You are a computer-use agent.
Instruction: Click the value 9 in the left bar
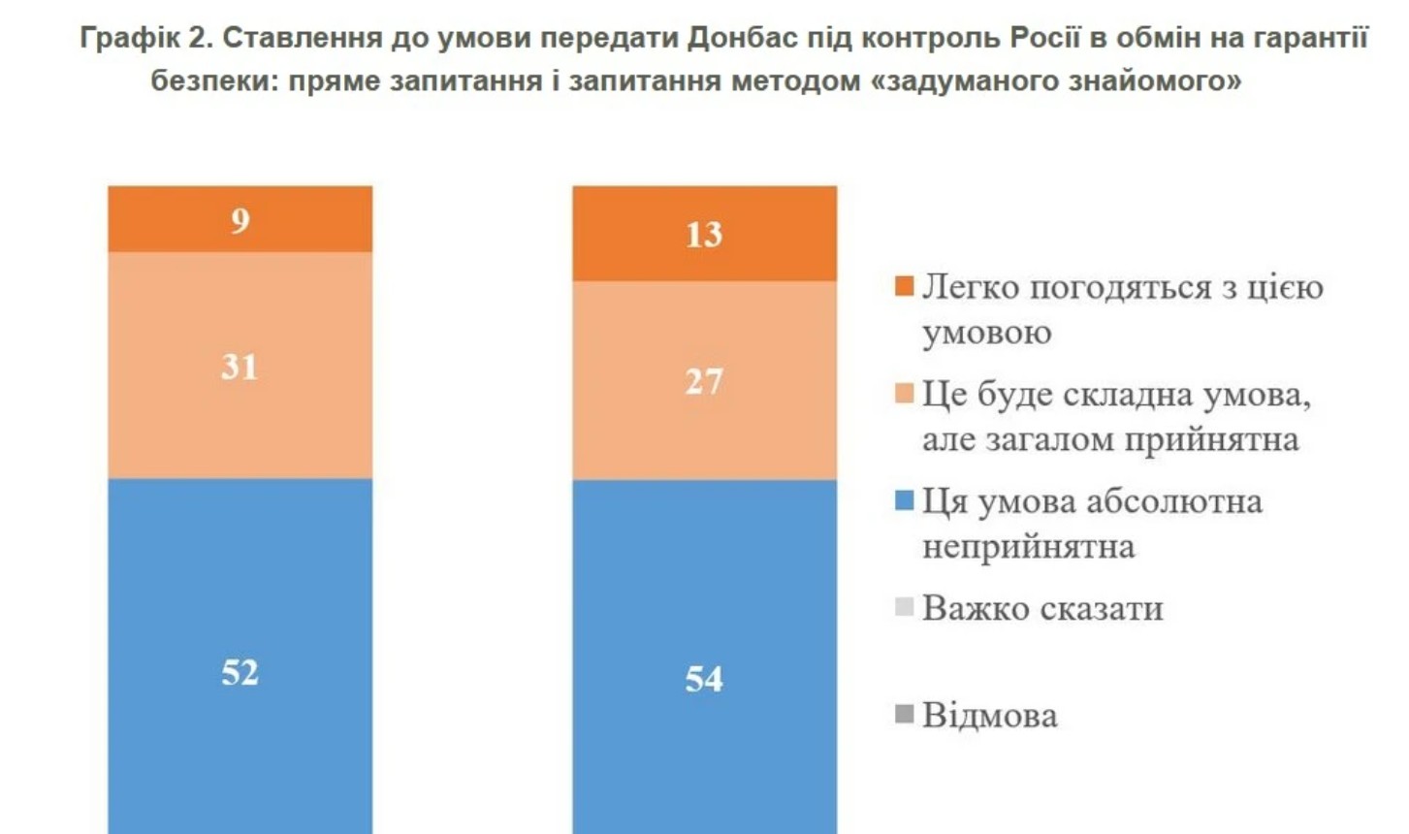click(x=240, y=221)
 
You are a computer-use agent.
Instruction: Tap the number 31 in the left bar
click(x=240, y=367)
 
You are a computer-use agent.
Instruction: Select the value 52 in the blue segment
click(x=240, y=672)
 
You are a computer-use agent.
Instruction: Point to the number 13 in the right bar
click(x=704, y=235)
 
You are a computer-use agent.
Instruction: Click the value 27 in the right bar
click(x=704, y=381)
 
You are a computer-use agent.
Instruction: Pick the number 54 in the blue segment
click(x=704, y=679)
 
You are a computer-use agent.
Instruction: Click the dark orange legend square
click(x=904, y=287)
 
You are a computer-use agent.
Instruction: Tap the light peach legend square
click(x=904, y=395)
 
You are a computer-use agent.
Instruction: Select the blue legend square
click(x=904, y=501)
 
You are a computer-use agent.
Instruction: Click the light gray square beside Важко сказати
click(x=904, y=608)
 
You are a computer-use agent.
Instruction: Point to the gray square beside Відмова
click(x=904, y=716)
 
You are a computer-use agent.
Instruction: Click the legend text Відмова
click(x=989, y=716)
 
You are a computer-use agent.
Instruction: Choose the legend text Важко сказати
click(x=1042, y=608)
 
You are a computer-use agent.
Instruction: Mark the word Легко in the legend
click(x=971, y=288)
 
